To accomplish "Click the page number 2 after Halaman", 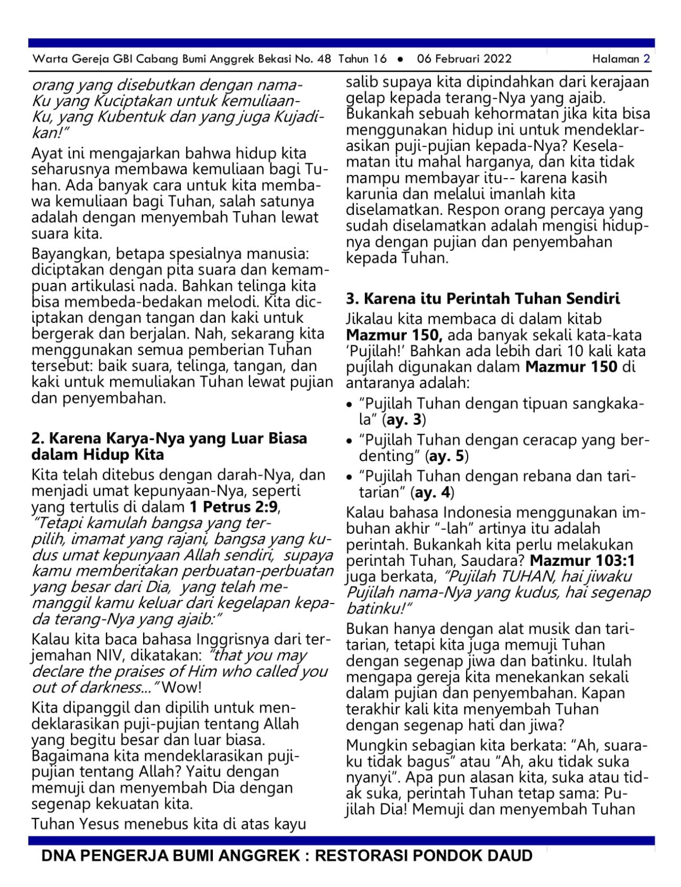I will pyautogui.click(x=646, y=59).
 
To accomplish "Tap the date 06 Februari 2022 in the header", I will pyautogui.click(x=464, y=59).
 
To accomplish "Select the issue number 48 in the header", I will pyautogui.click(x=323, y=59).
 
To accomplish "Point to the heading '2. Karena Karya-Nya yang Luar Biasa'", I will pyautogui.click(x=169, y=439).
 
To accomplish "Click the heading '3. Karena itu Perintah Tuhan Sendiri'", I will pyautogui.click(x=483, y=298).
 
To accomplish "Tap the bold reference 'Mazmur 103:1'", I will pyautogui.click(x=582, y=560).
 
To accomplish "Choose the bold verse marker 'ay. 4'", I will pyautogui.click(x=432, y=492).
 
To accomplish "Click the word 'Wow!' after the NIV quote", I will pyautogui.click(x=181, y=687).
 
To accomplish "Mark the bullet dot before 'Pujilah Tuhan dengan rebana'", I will pyautogui.click(x=349, y=477).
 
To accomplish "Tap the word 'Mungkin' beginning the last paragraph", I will pyautogui.click(x=376, y=746).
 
